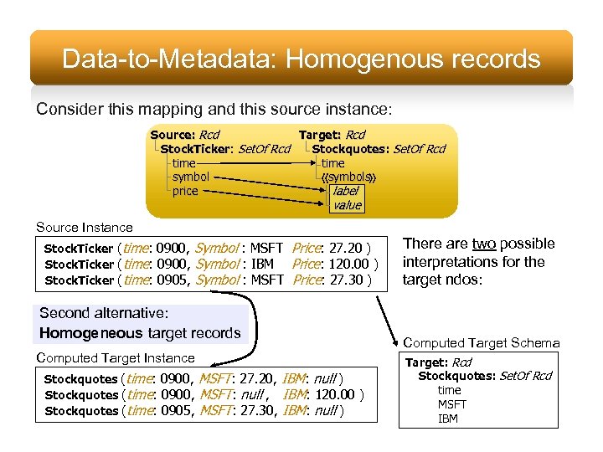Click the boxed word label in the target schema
tap(345, 191)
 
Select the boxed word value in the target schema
tap(347, 205)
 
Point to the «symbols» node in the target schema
tap(348, 177)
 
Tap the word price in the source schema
tap(185, 191)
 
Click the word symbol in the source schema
tap(190, 177)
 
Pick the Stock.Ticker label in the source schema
tap(198, 149)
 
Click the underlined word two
tap(484, 244)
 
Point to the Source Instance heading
tap(84, 227)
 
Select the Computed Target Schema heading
tap(482, 342)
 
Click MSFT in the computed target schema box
tap(452, 404)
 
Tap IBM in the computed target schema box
tap(448, 419)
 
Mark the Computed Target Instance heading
tap(116, 358)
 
